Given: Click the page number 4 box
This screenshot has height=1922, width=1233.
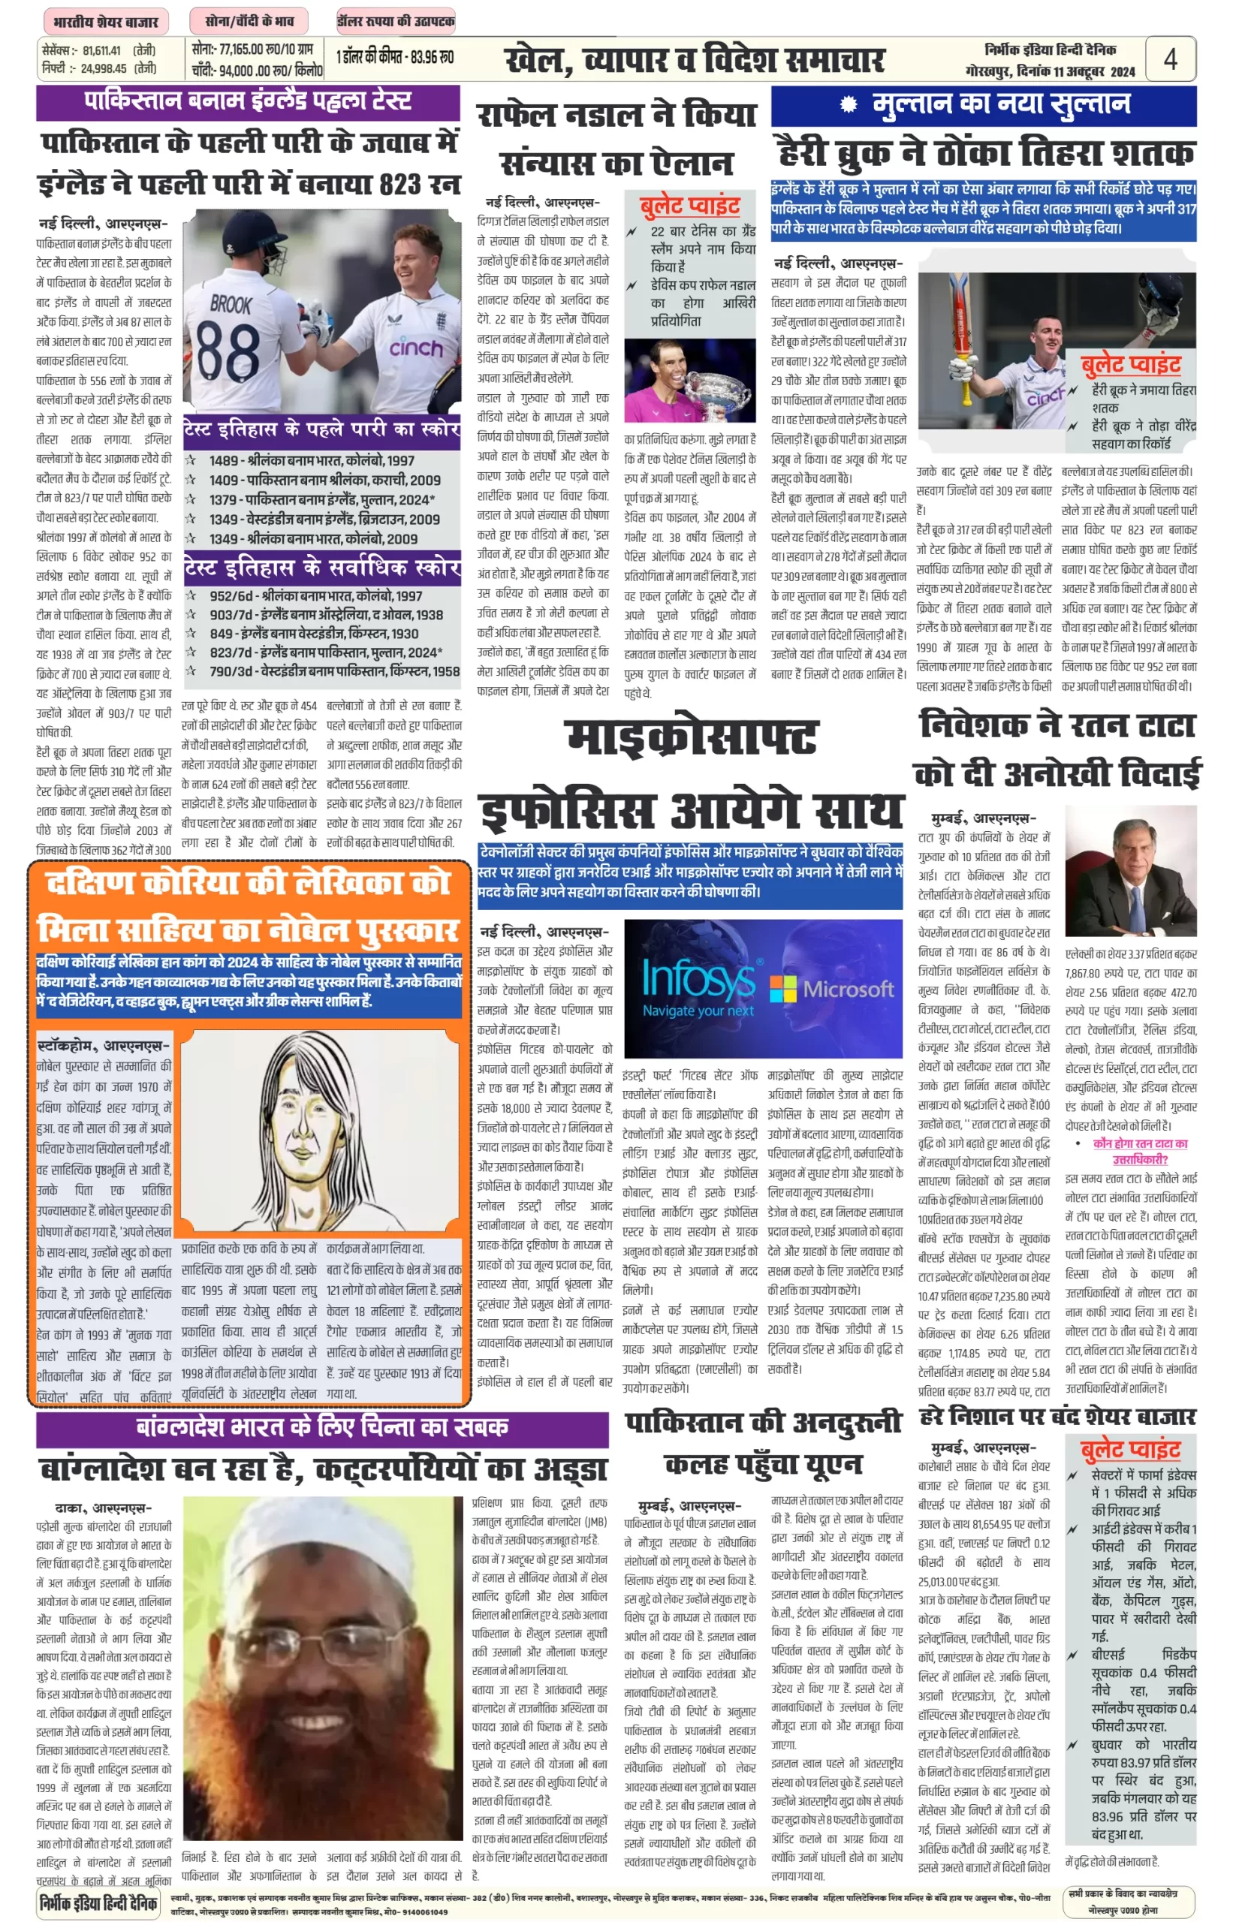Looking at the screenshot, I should (x=1170, y=59).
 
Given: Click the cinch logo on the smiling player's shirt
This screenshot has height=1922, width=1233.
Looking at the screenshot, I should (x=415, y=348).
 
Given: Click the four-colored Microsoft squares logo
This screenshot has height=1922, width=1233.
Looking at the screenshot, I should (x=783, y=989).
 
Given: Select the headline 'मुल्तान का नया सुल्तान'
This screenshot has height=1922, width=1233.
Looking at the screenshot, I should (x=1000, y=104).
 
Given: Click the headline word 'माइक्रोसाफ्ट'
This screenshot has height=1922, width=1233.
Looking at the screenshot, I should (x=692, y=737).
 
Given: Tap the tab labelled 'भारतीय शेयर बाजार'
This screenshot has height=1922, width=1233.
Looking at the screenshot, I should (x=105, y=22).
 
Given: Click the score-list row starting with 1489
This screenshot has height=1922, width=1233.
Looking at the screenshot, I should (x=312, y=460).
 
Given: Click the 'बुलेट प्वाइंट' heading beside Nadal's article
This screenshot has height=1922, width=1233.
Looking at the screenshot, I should (x=689, y=206).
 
